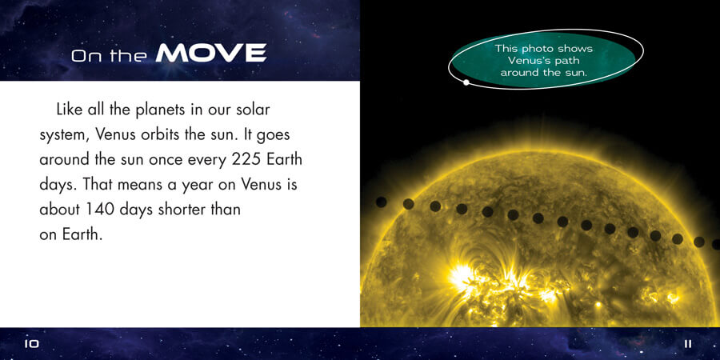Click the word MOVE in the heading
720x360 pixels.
click(210, 53)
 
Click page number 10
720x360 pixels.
click(32, 343)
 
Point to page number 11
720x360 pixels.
click(688, 343)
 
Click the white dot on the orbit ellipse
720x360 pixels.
click(466, 82)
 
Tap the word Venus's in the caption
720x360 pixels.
click(526, 61)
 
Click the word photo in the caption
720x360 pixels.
click(538, 49)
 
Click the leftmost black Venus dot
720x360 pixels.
click(381, 202)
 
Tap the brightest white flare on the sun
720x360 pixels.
click(460, 277)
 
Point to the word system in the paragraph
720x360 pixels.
click(66, 136)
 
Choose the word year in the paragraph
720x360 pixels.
click(211, 186)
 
